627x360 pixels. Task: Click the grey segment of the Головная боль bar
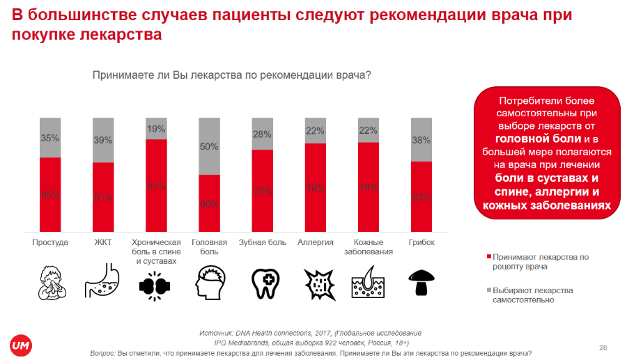(210, 146)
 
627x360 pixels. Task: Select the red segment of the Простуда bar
(50, 195)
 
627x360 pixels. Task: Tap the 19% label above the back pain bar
(156, 129)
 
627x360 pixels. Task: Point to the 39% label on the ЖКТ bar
(103, 141)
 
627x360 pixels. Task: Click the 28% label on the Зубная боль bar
(262, 134)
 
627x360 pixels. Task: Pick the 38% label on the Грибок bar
(421, 139)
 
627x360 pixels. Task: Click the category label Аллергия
(315, 242)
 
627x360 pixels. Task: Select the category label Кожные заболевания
(369, 247)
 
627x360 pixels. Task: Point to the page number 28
(603, 347)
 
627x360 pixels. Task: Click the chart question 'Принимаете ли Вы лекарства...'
(232, 75)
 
